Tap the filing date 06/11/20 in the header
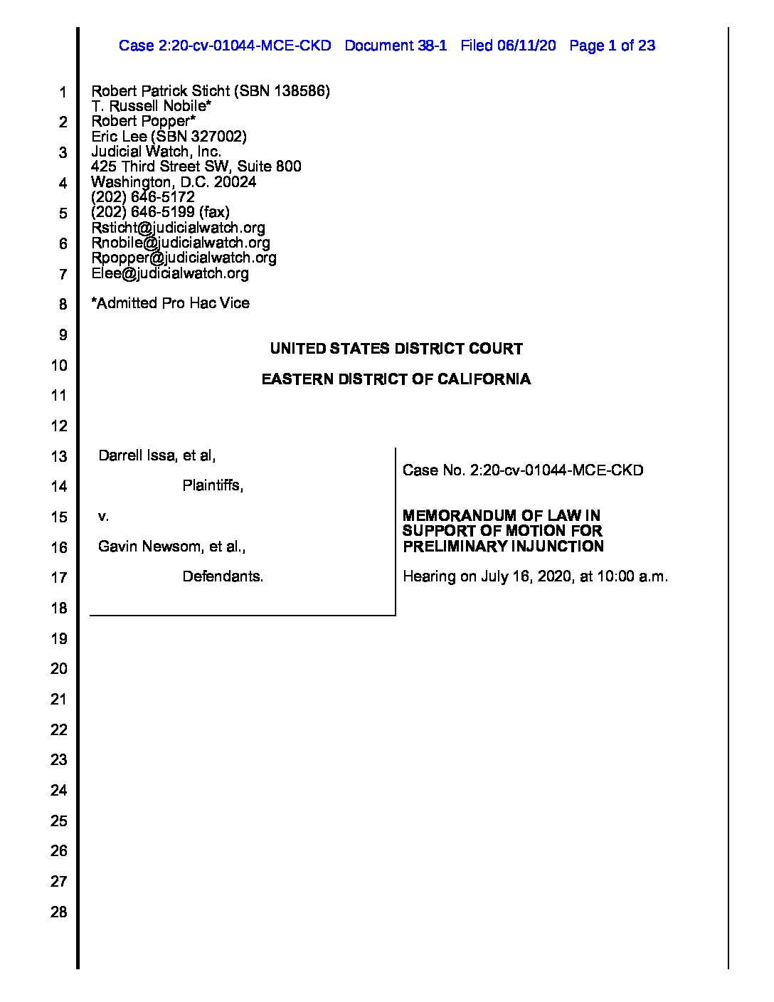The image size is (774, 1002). point(527,46)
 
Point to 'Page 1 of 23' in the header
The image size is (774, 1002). point(613,46)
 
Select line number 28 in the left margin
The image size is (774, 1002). point(58,912)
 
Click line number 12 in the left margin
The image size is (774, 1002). point(58,426)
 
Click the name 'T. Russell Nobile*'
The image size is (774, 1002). point(152,106)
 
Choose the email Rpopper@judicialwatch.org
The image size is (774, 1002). point(184,258)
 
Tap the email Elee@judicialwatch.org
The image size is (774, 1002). point(170,273)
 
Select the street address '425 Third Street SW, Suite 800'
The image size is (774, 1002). point(196,167)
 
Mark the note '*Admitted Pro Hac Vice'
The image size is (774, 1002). point(171,303)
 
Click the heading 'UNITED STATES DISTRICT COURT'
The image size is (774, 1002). point(396,349)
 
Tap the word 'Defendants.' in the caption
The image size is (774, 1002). point(223,576)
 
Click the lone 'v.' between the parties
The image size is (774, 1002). point(103,516)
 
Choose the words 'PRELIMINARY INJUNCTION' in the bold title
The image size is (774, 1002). point(503,547)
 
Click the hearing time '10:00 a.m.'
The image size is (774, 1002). point(632,576)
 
